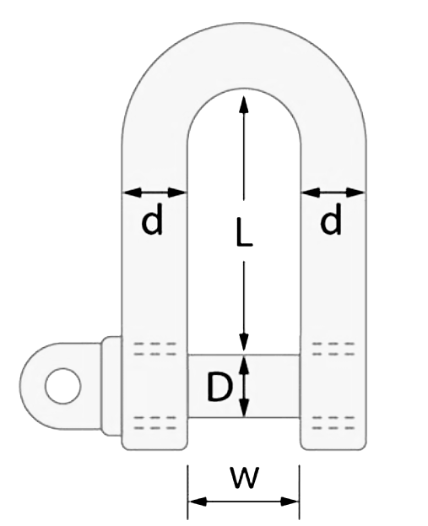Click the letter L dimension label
coord(244,232)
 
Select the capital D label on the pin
coord(219,388)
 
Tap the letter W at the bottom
coord(245,477)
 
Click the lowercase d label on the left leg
coord(152,219)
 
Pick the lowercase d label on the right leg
coord(331,219)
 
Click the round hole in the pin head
coord(63,386)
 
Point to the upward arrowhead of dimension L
coord(244,105)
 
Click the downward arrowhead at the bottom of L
coord(244,343)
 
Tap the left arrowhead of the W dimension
coord(198,502)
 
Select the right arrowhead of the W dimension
coord(290,502)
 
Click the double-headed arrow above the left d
coord(154,193)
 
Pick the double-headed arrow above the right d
coord(333,193)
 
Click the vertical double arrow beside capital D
coord(245,386)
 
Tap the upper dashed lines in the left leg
coord(154,349)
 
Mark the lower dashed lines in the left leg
coord(154,423)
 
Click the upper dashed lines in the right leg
coord(333,349)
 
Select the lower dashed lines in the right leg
coord(333,423)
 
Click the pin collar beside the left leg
coord(111,386)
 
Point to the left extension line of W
coord(188,491)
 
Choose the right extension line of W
coord(299,491)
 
